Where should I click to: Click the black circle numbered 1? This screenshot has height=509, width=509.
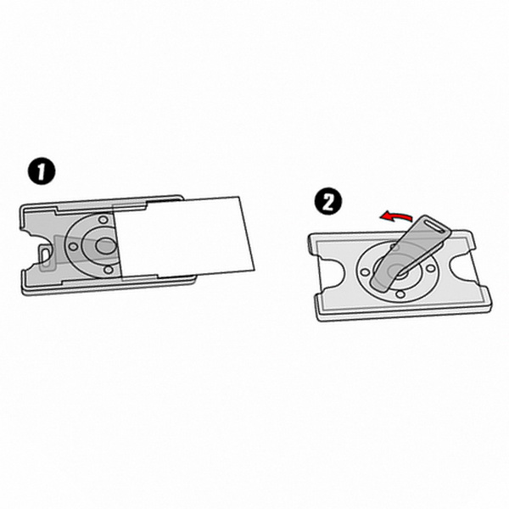pos(42,171)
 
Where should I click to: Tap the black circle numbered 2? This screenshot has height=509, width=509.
pos(328,200)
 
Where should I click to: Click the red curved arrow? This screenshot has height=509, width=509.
pos(397,216)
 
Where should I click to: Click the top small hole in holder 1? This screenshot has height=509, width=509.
pos(103,220)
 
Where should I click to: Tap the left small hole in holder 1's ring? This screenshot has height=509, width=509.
pos(73,247)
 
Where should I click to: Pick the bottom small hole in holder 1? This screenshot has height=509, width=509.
pos(108,270)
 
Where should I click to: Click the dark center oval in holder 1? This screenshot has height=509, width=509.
pos(106,246)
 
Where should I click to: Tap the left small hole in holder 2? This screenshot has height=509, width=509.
pos(365,272)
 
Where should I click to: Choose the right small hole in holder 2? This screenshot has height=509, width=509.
pos(430,268)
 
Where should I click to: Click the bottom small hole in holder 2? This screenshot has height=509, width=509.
pos(400,294)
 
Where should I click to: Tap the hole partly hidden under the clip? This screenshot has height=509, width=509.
pos(395,247)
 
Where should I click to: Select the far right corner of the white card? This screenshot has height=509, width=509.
pos(255,270)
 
